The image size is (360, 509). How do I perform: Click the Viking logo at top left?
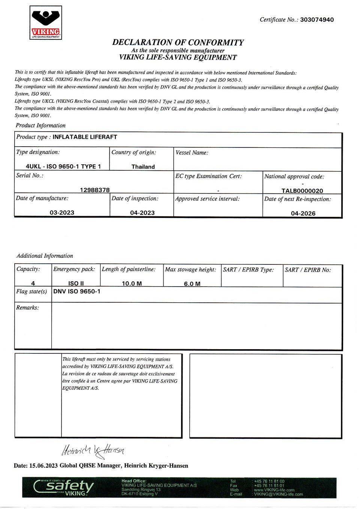[46, 23]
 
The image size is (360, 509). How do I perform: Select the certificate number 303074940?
[317, 20]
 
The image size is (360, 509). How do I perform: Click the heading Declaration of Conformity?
[178, 42]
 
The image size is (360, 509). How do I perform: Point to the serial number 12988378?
[94, 190]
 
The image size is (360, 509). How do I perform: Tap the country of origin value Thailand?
[143, 167]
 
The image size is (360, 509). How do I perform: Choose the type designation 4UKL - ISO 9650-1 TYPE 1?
[63, 166]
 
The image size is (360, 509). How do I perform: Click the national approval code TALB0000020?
[302, 191]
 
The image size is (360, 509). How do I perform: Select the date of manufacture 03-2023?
[62, 212]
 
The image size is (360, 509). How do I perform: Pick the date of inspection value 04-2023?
[142, 213]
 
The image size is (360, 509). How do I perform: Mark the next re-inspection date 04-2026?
[303, 213]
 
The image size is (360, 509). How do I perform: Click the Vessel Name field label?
[192, 153]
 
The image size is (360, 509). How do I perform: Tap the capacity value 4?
[33, 283]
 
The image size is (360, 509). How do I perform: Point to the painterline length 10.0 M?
[132, 283]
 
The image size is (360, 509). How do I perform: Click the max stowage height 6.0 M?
[192, 284]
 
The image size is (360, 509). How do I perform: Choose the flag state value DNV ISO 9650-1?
[77, 291]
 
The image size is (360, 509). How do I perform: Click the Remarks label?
[27, 308]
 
